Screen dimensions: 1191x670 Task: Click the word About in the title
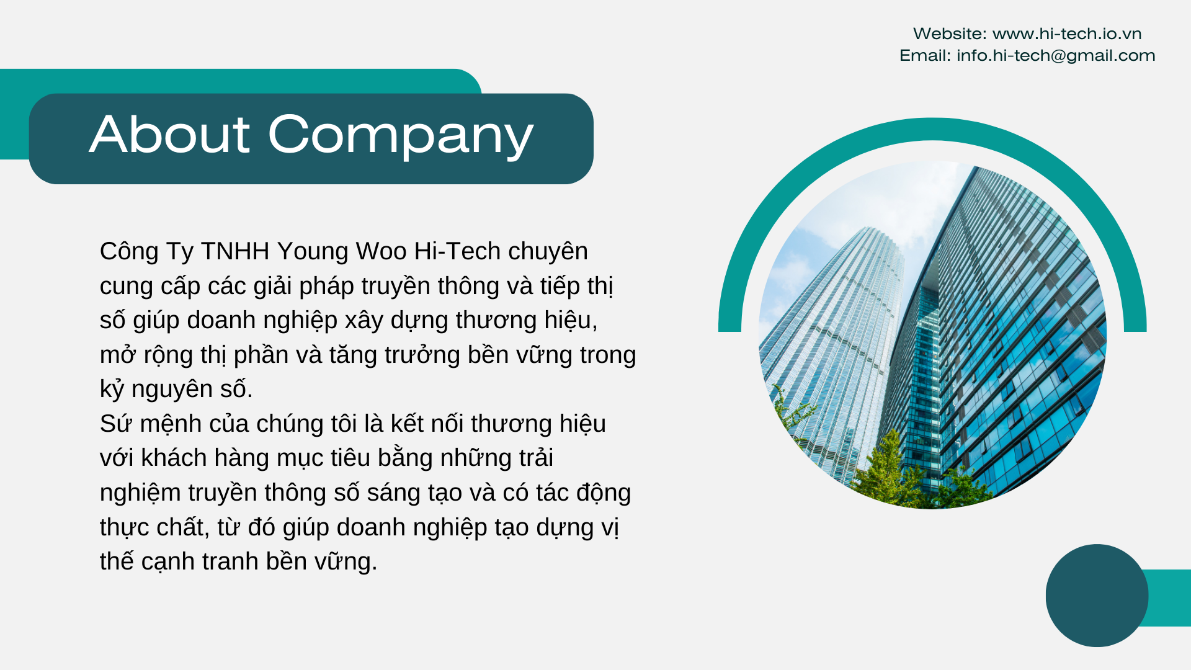[x=170, y=134]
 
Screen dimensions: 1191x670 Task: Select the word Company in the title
[x=401, y=137]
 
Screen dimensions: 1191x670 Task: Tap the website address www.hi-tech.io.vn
[x=1067, y=33]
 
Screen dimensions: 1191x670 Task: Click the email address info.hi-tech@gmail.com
[x=1056, y=55]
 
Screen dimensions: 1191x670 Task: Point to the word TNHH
[x=235, y=251]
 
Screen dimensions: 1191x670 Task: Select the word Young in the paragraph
[x=313, y=252]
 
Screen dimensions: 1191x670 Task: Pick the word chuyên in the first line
[x=548, y=252]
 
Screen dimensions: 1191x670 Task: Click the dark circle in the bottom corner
[x=1097, y=596]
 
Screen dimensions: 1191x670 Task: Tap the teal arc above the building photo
[x=932, y=130]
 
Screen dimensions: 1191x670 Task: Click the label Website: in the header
[x=950, y=33]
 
